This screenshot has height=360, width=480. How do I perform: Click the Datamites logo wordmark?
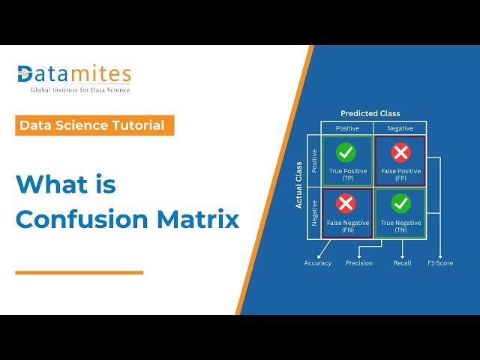click(74, 74)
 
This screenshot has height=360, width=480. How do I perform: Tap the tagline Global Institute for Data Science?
click(79, 90)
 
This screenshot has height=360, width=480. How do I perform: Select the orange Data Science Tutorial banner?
click(94, 125)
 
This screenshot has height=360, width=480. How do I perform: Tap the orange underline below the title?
click(79, 272)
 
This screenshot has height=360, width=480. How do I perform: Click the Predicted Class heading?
click(370, 114)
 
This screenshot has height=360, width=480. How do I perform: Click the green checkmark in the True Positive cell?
click(346, 153)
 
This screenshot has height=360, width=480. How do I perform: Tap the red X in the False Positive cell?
click(400, 153)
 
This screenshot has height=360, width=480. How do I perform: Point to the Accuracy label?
click(317, 263)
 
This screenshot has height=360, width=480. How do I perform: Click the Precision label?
click(358, 263)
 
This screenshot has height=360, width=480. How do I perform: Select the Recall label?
click(403, 263)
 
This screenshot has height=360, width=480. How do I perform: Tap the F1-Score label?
click(440, 263)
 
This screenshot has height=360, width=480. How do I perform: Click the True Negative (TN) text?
click(400, 226)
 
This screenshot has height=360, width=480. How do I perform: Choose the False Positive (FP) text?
click(400, 175)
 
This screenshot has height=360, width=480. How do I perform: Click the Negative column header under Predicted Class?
click(400, 128)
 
